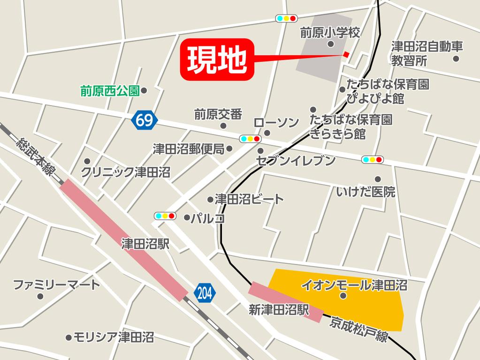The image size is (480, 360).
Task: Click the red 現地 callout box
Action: [x=217, y=59]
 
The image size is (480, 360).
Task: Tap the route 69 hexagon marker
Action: [x=144, y=121]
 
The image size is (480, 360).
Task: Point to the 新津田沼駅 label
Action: [x=279, y=309]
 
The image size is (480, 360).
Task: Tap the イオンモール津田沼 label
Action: [x=354, y=285]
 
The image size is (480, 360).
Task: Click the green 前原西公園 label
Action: [x=110, y=90]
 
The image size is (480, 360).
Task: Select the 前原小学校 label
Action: [x=330, y=32]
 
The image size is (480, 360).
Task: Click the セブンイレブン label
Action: [x=296, y=161]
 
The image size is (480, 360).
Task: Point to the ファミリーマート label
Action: [x=56, y=285]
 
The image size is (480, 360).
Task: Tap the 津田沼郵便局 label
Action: [x=189, y=149]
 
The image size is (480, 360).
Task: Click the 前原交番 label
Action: [x=218, y=114]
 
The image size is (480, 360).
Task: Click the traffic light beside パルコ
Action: [x=165, y=216]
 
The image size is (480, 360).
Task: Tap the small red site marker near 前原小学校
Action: [x=346, y=54]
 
